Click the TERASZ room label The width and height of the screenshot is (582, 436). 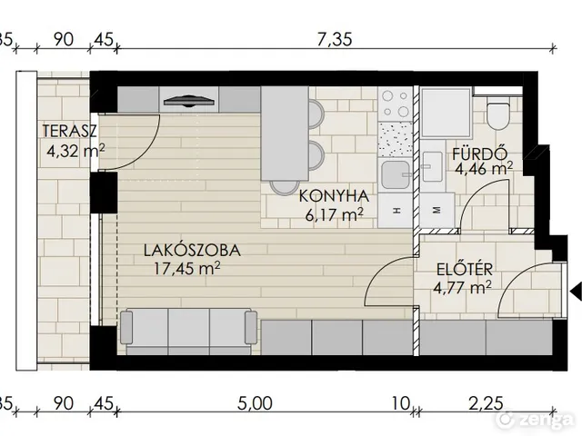point(63,130)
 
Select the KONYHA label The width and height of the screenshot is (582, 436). point(332,195)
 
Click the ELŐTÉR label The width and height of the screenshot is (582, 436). point(464,269)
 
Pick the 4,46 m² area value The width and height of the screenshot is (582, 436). point(481,169)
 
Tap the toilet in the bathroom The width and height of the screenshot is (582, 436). point(497,114)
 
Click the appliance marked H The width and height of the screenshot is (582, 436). point(396,211)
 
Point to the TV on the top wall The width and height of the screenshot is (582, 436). point(188,101)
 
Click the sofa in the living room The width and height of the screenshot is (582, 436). point(187,329)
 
